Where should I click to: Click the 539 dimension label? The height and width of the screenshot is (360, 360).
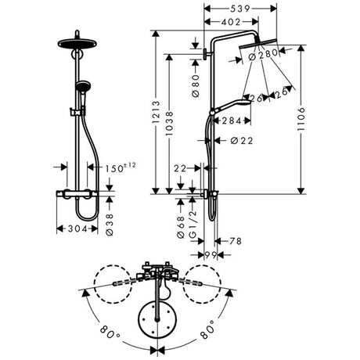pyautogui.click(x=240, y=9)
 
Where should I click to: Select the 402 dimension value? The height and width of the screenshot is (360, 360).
pyautogui.click(x=231, y=22)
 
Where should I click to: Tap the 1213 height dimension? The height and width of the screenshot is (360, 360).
pyautogui.click(x=156, y=112)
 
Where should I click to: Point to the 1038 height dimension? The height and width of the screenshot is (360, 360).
pyautogui.click(x=170, y=124)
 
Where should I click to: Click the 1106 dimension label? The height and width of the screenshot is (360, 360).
pyautogui.click(x=301, y=119)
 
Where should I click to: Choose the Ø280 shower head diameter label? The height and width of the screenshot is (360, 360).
pyautogui.click(x=263, y=55)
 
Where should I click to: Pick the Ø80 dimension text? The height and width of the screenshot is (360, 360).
pyautogui.click(x=196, y=86)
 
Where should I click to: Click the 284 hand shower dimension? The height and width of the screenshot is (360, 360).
pyautogui.click(x=232, y=121)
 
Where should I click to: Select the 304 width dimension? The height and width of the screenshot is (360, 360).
pyautogui.click(x=77, y=229)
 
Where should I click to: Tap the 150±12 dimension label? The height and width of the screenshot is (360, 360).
pyautogui.click(x=121, y=167)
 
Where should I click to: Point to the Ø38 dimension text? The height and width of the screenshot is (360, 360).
pyautogui.click(x=110, y=225)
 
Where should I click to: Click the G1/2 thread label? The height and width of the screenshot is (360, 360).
pyautogui.click(x=193, y=225)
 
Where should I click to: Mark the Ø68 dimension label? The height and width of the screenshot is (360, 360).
pyautogui.click(x=181, y=227)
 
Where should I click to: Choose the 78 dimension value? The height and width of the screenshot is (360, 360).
pyautogui.click(x=236, y=241)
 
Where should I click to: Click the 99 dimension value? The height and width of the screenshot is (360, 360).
pyautogui.click(x=211, y=255)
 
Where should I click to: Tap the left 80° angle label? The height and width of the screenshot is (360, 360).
pyautogui.click(x=110, y=331)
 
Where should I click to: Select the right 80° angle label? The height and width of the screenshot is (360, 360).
pyautogui.click(x=208, y=329)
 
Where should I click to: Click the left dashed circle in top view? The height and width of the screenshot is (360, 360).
pyautogui.click(x=113, y=284)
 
